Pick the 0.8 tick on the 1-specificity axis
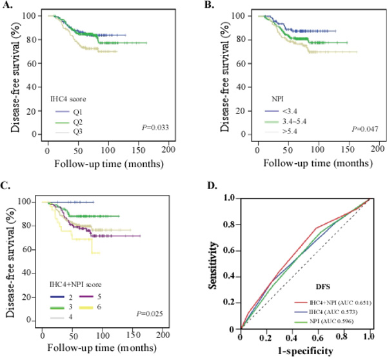[341, 337]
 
